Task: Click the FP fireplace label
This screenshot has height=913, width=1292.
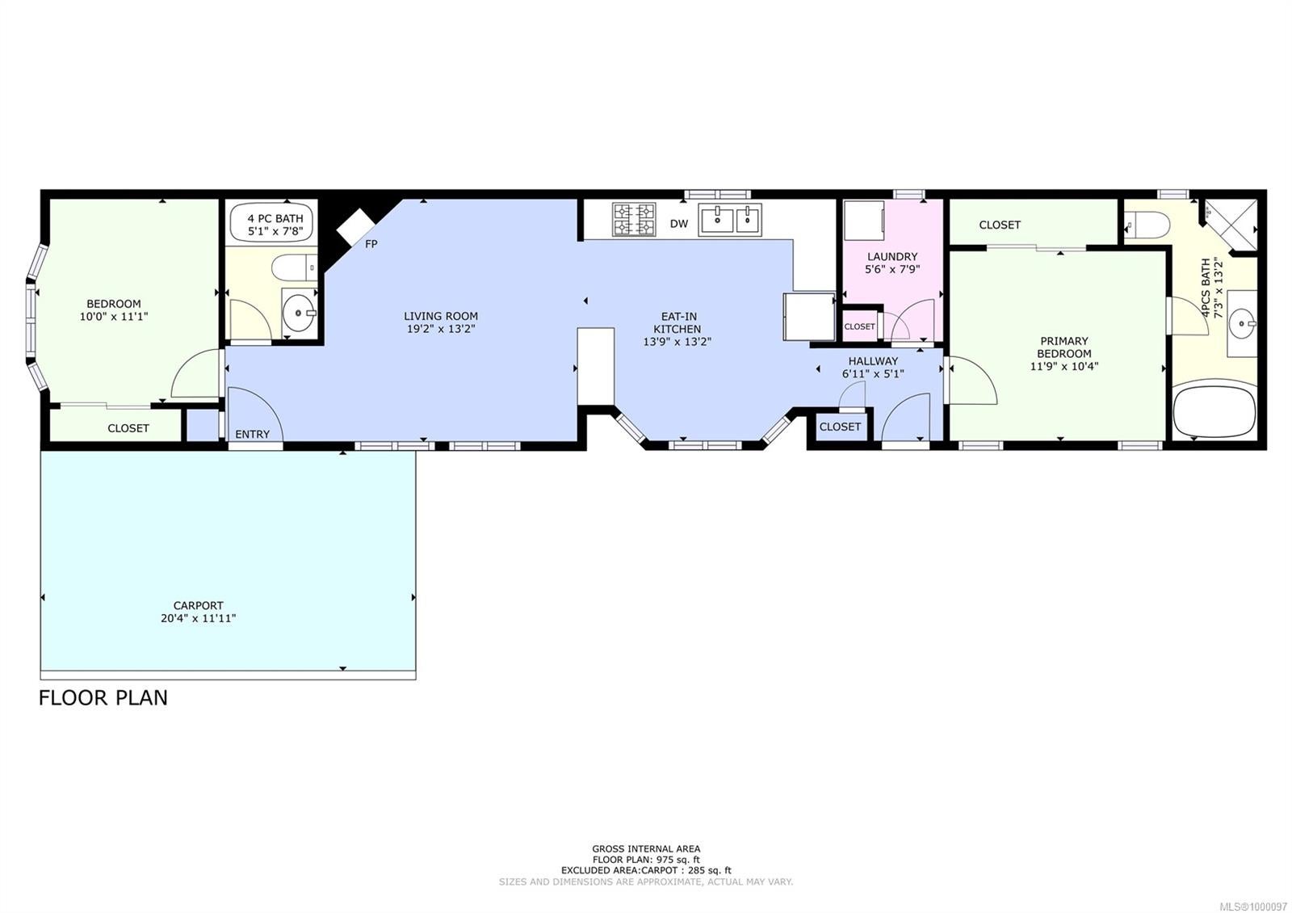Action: (x=371, y=244)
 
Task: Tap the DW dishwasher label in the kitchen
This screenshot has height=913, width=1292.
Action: (x=679, y=224)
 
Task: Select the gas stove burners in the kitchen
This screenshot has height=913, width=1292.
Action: (x=634, y=219)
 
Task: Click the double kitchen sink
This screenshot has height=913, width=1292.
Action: (x=730, y=219)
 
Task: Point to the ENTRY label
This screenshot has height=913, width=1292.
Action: (x=252, y=435)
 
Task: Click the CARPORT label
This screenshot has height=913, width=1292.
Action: (x=198, y=605)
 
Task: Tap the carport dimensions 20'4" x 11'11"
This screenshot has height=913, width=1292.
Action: (x=198, y=618)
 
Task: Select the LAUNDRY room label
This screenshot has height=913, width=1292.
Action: (x=891, y=256)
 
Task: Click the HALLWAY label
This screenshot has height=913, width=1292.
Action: (x=873, y=361)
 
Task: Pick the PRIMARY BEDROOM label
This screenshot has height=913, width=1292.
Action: (x=1064, y=347)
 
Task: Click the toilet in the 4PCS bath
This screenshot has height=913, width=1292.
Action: (x=1147, y=224)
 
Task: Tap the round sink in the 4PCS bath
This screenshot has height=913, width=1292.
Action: (x=1241, y=323)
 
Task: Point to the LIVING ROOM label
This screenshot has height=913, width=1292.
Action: (x=441, y=316)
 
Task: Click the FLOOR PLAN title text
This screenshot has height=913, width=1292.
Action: (x=103, y=698)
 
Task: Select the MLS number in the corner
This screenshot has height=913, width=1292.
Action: (x=1252, y=907)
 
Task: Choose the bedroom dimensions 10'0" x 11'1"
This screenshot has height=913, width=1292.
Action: (x=114, y=316)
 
